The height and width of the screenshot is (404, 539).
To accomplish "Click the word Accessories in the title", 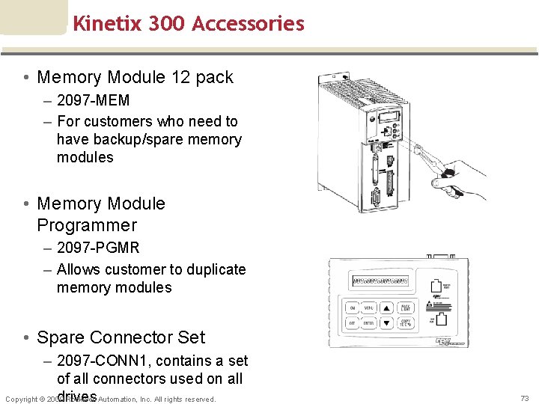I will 248,23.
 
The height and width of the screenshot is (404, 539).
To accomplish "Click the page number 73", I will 524,398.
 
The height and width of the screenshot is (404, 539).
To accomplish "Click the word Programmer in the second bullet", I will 87,225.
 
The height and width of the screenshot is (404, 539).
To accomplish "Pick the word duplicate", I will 213,269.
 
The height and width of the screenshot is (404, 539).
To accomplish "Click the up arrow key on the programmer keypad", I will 386,308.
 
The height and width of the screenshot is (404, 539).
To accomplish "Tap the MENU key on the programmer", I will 369,308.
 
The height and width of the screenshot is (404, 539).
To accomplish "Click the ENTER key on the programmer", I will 369,323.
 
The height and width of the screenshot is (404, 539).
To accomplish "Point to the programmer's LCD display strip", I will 380,282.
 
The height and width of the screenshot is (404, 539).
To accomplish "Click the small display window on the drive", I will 387,117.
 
